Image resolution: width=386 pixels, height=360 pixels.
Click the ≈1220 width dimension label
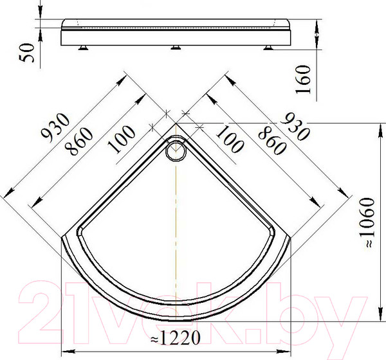(175, 337)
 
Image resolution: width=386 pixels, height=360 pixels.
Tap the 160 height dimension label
(302, 79)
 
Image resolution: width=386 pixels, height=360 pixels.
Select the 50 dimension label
(26, 53)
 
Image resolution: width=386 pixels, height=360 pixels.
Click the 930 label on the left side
(55, 127)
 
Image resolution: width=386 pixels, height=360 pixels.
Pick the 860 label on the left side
(78, 141)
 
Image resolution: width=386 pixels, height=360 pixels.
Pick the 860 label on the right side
(272, 140)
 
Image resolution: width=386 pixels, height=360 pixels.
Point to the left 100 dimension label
(122, 139)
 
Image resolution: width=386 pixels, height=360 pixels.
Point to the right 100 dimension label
(230, 139)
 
